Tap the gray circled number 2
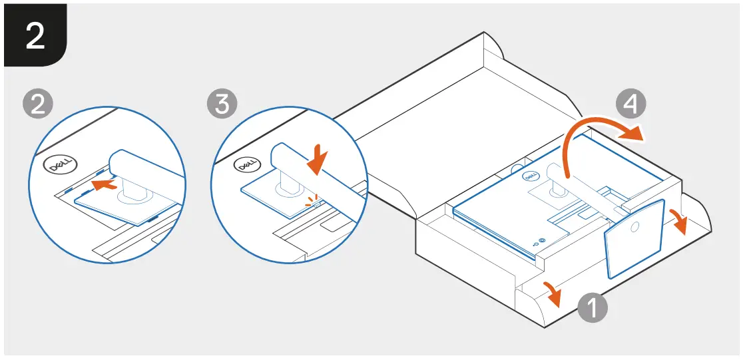coord(38,104)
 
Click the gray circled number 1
coord(593,309)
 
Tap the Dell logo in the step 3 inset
coord(246,164)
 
